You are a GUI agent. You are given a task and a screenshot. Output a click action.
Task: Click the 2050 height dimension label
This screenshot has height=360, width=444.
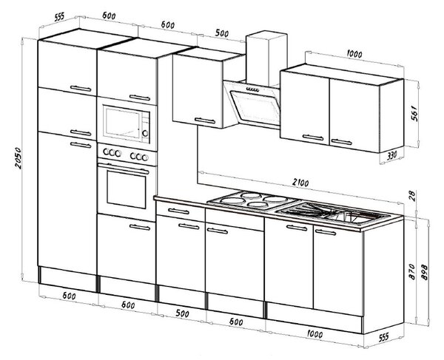click(18, 157)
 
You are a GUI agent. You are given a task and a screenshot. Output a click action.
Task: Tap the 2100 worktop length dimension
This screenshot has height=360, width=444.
click(300, 183)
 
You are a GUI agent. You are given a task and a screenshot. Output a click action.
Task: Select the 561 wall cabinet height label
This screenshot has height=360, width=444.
click(414, 113)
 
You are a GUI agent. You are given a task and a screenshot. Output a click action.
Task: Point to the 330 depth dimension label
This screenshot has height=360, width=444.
click(391, 155)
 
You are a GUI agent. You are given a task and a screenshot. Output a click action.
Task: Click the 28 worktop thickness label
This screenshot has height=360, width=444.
click(412, 196)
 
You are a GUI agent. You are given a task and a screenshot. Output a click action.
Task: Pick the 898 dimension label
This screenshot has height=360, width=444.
click(425, 272)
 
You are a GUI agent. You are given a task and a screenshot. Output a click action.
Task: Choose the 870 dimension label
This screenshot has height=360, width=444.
click(412, 271)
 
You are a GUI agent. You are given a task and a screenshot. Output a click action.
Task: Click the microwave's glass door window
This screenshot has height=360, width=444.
click(122, 123)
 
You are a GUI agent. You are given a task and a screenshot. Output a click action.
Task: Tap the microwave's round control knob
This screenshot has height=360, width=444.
click(145, 133)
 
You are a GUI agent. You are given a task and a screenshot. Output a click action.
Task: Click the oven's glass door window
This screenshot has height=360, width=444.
click(127, 189)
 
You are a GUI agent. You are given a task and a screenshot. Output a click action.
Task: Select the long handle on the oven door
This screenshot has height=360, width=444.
click(124, 168)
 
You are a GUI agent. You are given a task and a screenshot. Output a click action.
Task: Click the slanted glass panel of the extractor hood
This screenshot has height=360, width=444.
click(255, 107)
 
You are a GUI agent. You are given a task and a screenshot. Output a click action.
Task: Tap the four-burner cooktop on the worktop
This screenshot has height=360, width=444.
click(253, 200)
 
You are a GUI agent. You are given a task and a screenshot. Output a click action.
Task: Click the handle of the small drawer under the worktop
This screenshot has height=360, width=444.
click(178, 211)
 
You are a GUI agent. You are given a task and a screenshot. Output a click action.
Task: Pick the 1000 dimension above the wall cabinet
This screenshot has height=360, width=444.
click(354, 54)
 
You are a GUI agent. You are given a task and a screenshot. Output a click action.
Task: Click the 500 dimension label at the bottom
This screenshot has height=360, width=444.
click(182, 313)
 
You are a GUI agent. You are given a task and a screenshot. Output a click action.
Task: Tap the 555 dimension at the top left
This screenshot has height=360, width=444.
click(59, 17)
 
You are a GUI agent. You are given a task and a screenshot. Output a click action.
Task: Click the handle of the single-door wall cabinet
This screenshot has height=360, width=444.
click(205, 120)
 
